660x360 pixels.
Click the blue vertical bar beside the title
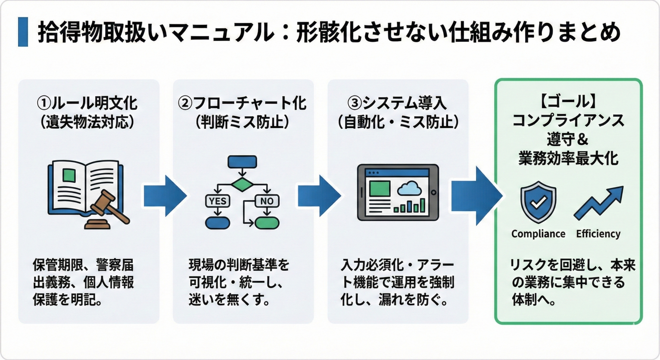click(x=23, y=32)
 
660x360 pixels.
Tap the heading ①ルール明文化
click(x=87, y=103)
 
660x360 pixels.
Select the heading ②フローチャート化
click(x=242, y=103)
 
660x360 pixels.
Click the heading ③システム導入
click(x=398, y=103)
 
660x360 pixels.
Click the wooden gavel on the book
click(x=108, y=207)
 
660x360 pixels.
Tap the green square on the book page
click(x=69, y=175)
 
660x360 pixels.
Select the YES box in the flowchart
click(x=218, y=201)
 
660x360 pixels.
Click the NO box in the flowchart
click(x=267, y=201)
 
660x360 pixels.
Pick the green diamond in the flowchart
click(x=242, y=184)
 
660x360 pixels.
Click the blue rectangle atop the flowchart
click(x=242, y=162)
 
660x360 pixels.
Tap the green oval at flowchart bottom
click(x=267, y=223)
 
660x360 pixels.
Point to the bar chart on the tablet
click(x=410, y=206)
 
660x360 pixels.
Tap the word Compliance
click(x=538, y=234)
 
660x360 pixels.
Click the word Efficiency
click(x=598, y=234)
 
